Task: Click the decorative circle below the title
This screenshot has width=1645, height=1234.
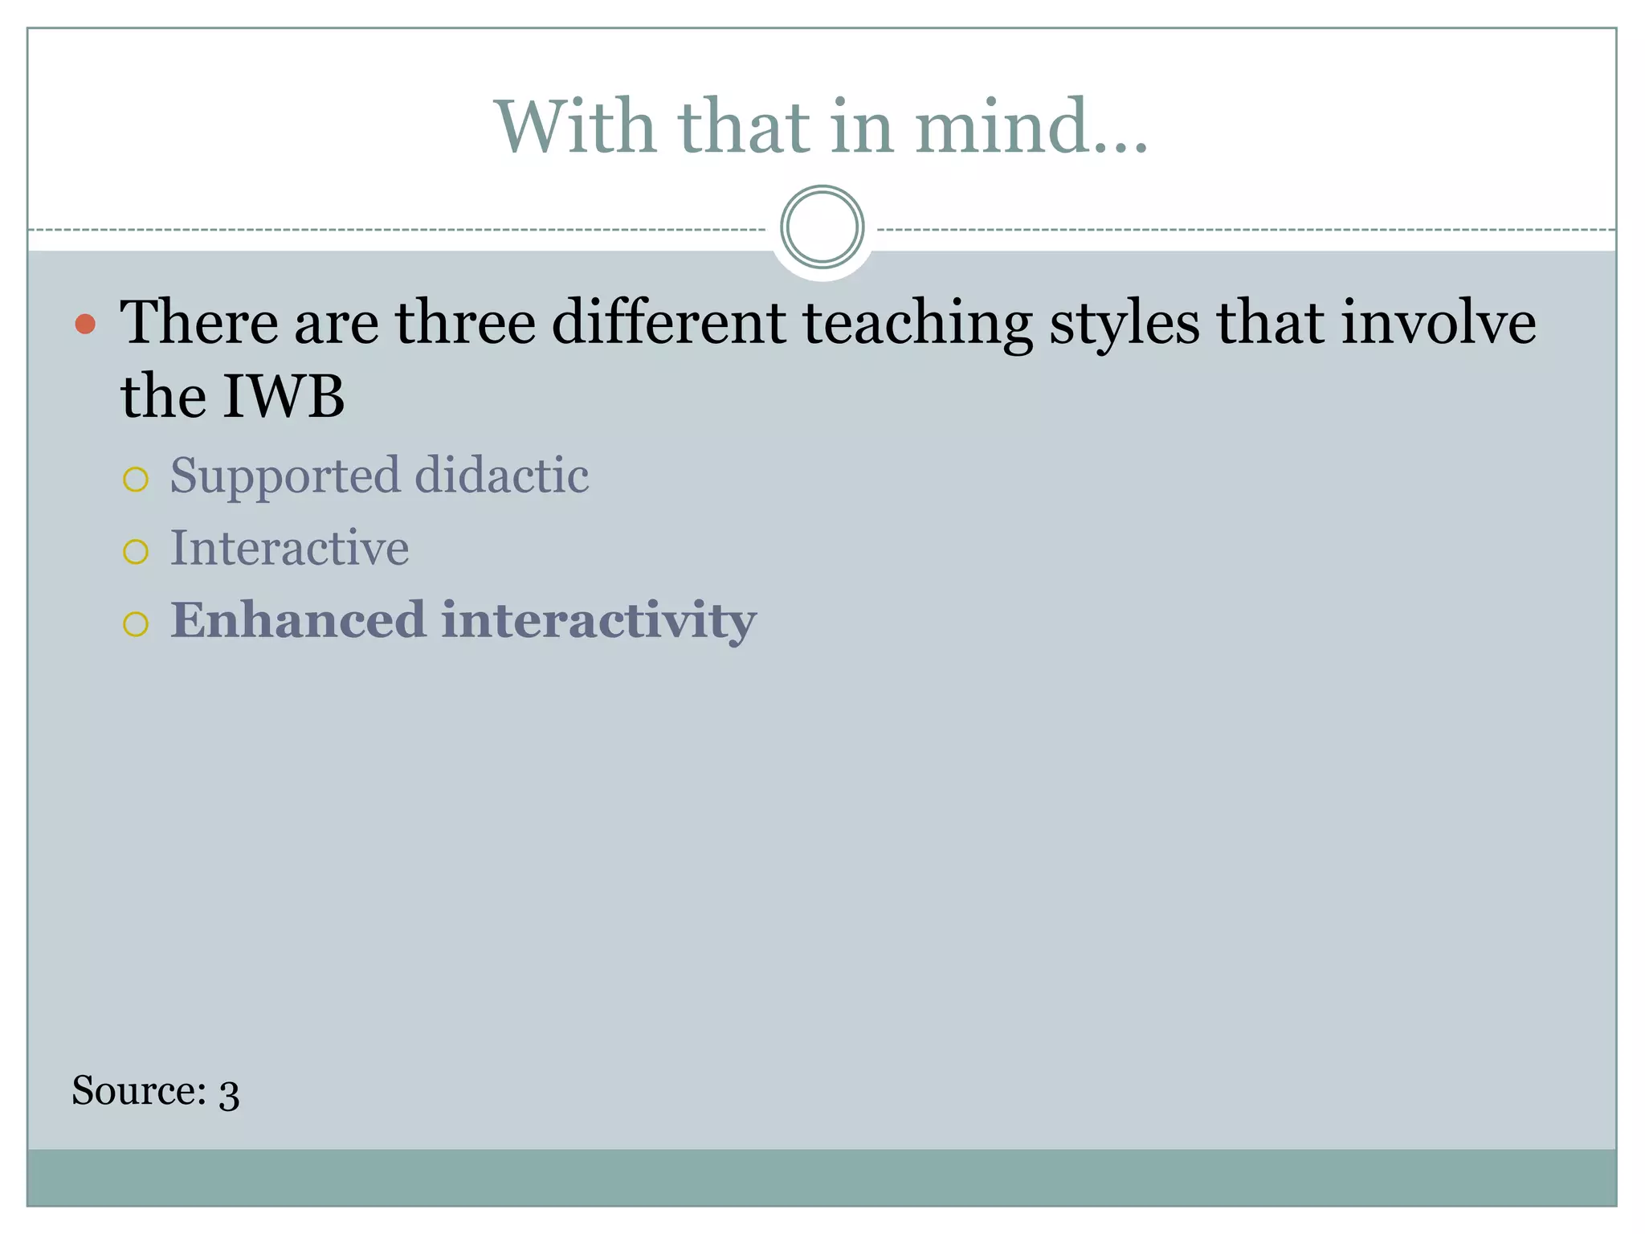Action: [x=822, y=227]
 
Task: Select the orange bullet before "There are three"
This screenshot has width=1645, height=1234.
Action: [x=85, y=325]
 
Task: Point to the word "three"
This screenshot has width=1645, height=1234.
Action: [x=465, y=323]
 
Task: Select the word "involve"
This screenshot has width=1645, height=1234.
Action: [x=1439, y=323]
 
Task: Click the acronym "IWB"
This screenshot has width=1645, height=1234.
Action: [x=283, y=397]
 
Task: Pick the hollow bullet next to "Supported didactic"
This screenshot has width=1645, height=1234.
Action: [x=136, y=480]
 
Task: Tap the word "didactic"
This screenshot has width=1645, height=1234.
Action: [x=502, y=475]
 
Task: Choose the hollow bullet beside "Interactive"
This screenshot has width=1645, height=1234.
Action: [x=136, y=552]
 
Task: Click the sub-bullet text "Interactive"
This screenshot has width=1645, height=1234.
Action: [x=289, y=548]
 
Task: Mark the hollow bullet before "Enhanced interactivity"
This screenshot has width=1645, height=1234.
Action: [x=136, y=624]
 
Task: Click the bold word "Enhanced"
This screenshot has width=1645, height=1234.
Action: [x=297, y=620]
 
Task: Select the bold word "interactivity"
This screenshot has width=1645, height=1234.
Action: [x=598, y=621]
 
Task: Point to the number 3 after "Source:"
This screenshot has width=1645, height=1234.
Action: [x=229, y=1094]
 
